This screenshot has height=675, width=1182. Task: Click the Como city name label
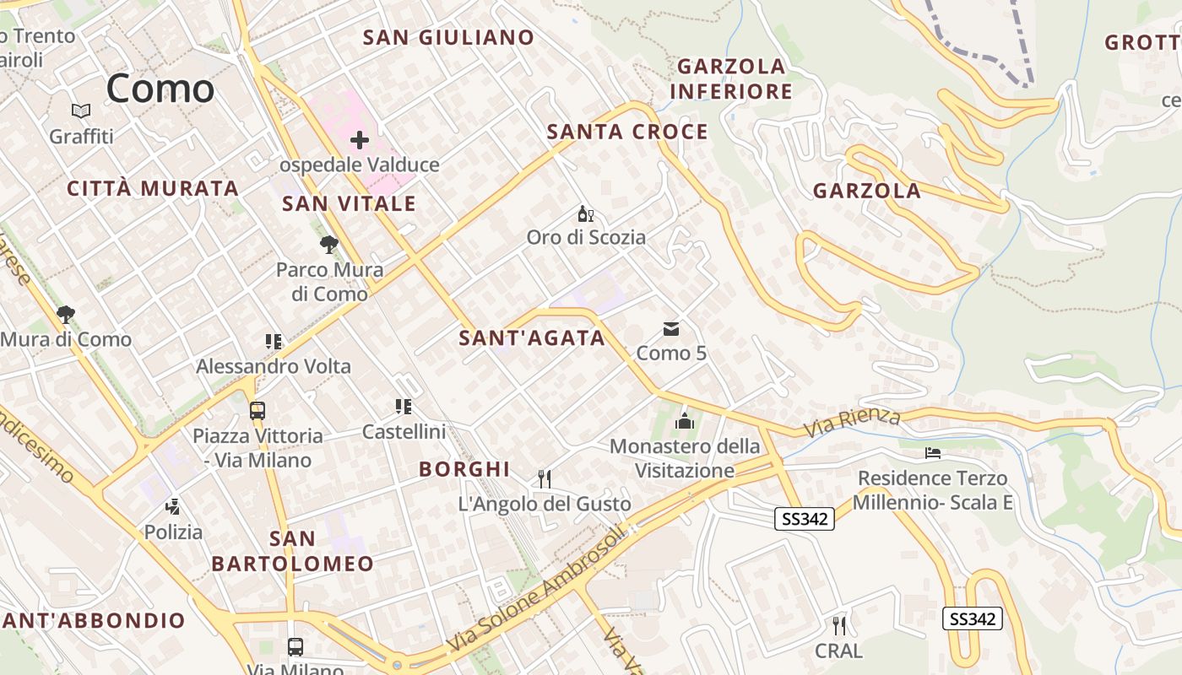pos(160,89)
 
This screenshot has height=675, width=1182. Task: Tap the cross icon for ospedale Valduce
pos(360,140)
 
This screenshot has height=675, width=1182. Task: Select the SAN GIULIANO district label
pos(448,37)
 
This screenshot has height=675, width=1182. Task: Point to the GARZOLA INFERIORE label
pos(732,78)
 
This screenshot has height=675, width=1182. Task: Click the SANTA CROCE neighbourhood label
pos(627,132)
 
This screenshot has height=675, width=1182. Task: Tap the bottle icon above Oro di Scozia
pos(585,213)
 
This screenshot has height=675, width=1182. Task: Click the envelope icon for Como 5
pos(671,328)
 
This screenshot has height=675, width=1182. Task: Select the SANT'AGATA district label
pos(532,338)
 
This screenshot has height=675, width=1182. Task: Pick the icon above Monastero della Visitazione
pos(685,420)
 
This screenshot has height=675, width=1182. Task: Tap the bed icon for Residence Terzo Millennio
pos(932,454)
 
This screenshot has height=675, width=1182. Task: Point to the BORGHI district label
pos(464,469)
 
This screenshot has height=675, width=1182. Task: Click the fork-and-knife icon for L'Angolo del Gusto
pos(545,479)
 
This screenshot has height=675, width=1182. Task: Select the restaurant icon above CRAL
pos(838,626)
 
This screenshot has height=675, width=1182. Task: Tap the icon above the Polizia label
pos(173,507)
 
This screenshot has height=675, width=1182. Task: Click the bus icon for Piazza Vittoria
pos(258,411)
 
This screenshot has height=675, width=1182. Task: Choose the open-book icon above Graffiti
pos(81,111)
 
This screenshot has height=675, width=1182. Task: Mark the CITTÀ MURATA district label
pos(153,188)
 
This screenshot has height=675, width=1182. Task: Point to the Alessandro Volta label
pos(274,366)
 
